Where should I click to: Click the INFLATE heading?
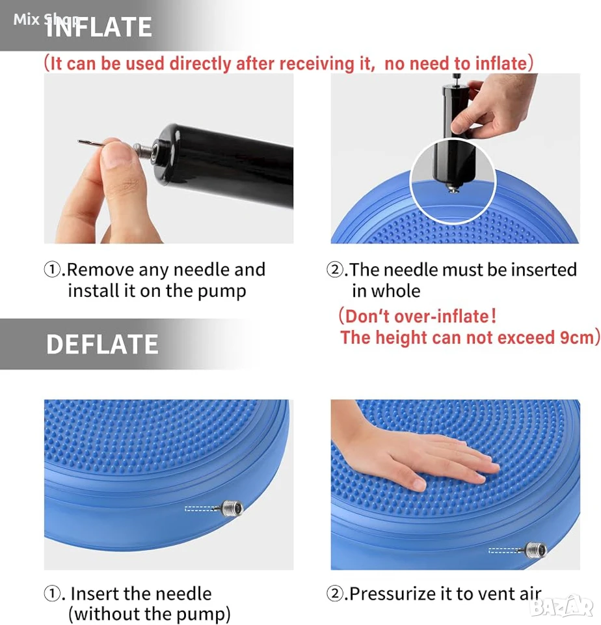coord(99,27)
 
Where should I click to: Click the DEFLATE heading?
coord(102,344)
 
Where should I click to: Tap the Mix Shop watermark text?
coord(46,19)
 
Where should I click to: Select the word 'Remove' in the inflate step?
coord(100,270)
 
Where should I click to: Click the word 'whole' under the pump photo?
coord(396,291)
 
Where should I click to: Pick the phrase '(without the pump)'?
coord(150,613)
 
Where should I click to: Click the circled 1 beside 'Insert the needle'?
coord(52,594)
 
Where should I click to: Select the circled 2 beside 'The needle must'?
coord(334,270)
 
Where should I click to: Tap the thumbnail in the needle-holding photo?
coord(116,156)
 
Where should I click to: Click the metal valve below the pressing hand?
coord(534,549)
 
